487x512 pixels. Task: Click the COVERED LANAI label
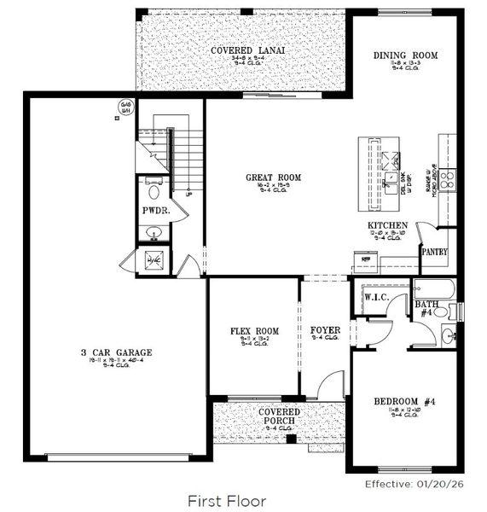(x=247, y=50)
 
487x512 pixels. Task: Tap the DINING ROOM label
(x=405, y=55)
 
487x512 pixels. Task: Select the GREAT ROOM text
(x=273, y=177)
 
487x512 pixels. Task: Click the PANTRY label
(x=434, y=253)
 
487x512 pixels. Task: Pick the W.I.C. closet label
(x=377, y=298)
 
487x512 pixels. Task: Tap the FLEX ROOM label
(x=255, y=331)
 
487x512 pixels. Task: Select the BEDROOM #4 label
(x=405, y=402)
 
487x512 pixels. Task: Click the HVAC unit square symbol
(x=154, y=261)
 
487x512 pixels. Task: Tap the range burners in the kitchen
(x=446, y=178)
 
